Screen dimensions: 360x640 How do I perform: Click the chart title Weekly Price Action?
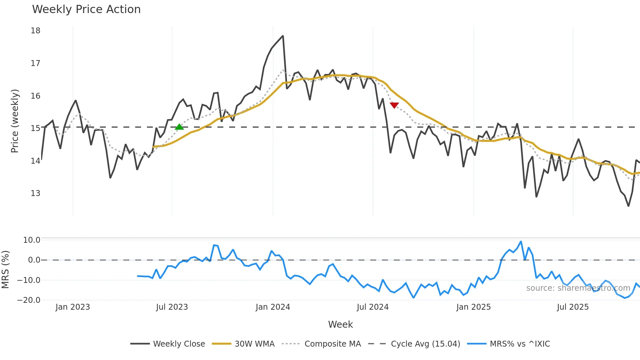tap(86, 9)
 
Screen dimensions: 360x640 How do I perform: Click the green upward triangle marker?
tap(179, 127)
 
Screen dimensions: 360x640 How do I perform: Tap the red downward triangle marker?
tap(394, 105)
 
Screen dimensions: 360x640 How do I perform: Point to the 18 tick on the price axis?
tap(36, 31)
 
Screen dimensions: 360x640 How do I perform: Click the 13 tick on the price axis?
tap(36, 193)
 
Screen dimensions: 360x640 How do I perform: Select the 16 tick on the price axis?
tap(36, 96)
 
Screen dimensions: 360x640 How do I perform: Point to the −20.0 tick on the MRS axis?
tap(29, 300)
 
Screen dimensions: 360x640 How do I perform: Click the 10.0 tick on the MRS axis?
tap(32, 240)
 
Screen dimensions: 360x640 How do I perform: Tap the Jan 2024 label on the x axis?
tap(273, 307)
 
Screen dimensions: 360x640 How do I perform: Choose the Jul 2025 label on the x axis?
tap(573, 307)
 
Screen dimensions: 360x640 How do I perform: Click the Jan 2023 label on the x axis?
tap(72, 307)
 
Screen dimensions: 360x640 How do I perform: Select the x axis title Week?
tap(340, 324)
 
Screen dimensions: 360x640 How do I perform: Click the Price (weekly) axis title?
tap(15, 121)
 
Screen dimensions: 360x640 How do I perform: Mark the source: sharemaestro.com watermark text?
tap(578, 288)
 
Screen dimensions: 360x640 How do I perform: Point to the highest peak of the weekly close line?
tap(283, 36)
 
